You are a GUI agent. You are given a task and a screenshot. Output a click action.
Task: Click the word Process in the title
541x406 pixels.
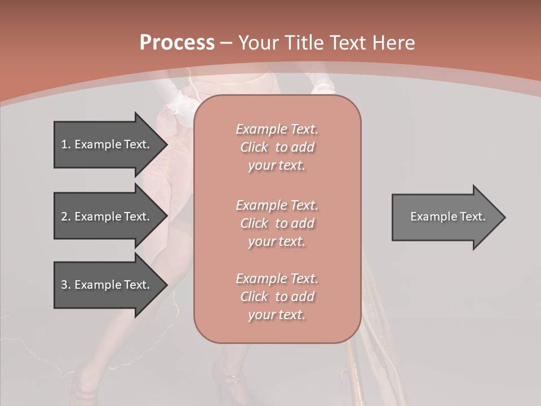177,43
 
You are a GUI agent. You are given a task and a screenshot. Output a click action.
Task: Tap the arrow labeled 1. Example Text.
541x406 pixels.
105,144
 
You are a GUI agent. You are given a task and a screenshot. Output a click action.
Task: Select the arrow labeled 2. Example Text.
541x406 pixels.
105,217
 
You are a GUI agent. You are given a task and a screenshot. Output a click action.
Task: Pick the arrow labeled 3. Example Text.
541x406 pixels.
105,285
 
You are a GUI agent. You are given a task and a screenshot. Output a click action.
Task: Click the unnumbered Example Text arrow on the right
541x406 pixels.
447,217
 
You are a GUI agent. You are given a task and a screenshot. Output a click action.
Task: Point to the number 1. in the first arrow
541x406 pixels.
65,144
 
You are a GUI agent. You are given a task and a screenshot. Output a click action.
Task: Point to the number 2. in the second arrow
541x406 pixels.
65,217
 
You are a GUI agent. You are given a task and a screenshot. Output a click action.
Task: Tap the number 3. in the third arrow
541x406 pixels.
65,285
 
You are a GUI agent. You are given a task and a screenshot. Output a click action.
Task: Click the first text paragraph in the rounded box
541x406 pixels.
277,147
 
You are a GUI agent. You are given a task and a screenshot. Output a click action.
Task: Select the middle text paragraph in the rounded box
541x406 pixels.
277,223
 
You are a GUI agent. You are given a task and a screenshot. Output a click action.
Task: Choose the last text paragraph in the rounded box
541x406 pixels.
277,297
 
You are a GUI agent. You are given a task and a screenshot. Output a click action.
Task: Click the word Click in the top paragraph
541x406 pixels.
254,147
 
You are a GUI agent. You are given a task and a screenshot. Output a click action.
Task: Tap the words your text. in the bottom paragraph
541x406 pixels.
277,315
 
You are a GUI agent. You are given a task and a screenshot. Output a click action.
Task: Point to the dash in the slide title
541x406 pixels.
226,43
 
